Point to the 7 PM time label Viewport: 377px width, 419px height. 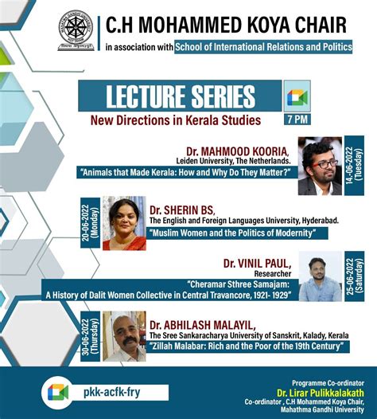[x=297, y=119]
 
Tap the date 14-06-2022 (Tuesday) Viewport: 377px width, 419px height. [x=354, y=166]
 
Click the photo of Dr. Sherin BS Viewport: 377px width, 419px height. [x=123, y=223]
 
